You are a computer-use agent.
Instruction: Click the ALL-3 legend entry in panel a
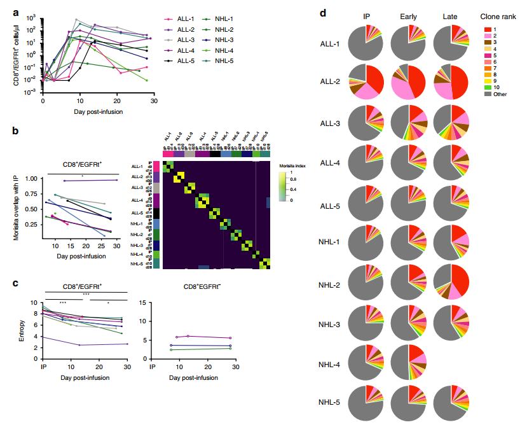pyautogui.click(x=185, y=39)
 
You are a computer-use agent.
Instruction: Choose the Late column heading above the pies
pyautogui.click(x=451, y=16)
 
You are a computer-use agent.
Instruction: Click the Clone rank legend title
pyautogui.click(x=494, y=16)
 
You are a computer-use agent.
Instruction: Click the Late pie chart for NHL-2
pyautogui.click(x=451, y=283)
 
